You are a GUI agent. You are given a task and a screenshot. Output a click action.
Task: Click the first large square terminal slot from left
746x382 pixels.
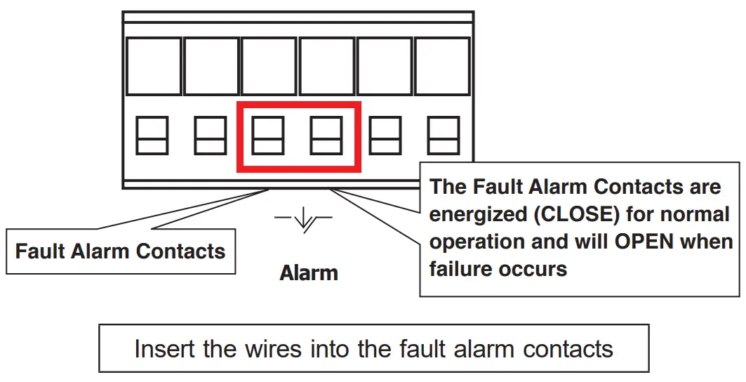(153, 66)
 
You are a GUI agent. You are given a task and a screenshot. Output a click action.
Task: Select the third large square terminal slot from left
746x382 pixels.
(269, 66)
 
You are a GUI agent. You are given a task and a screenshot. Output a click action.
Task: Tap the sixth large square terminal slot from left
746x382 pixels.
(442, 66)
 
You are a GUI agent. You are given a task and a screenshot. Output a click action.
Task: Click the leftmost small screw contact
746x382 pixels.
(152, 136)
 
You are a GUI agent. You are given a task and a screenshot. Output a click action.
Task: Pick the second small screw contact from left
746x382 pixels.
(210, 136)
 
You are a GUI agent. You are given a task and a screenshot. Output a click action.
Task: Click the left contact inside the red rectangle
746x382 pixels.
(268, 136)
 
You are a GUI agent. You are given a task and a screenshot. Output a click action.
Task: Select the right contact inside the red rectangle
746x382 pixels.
(326, 136)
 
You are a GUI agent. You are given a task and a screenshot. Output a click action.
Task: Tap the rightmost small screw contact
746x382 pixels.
(444, 136)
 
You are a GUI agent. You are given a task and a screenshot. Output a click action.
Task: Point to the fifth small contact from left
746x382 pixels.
(385, 136)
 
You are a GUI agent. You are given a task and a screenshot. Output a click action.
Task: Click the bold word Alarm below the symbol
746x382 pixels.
(309, 272)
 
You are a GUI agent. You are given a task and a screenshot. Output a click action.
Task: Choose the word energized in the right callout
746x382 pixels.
(478, 214)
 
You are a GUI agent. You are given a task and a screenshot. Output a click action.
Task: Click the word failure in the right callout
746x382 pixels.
(463, 268)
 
